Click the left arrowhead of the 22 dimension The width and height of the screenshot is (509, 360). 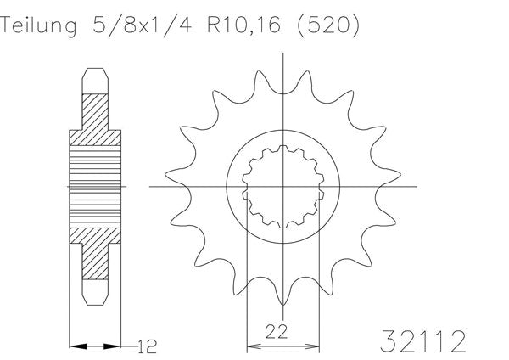(251, 346)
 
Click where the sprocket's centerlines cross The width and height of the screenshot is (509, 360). (282, 185)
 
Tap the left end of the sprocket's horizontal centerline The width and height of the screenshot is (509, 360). (151, 185)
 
